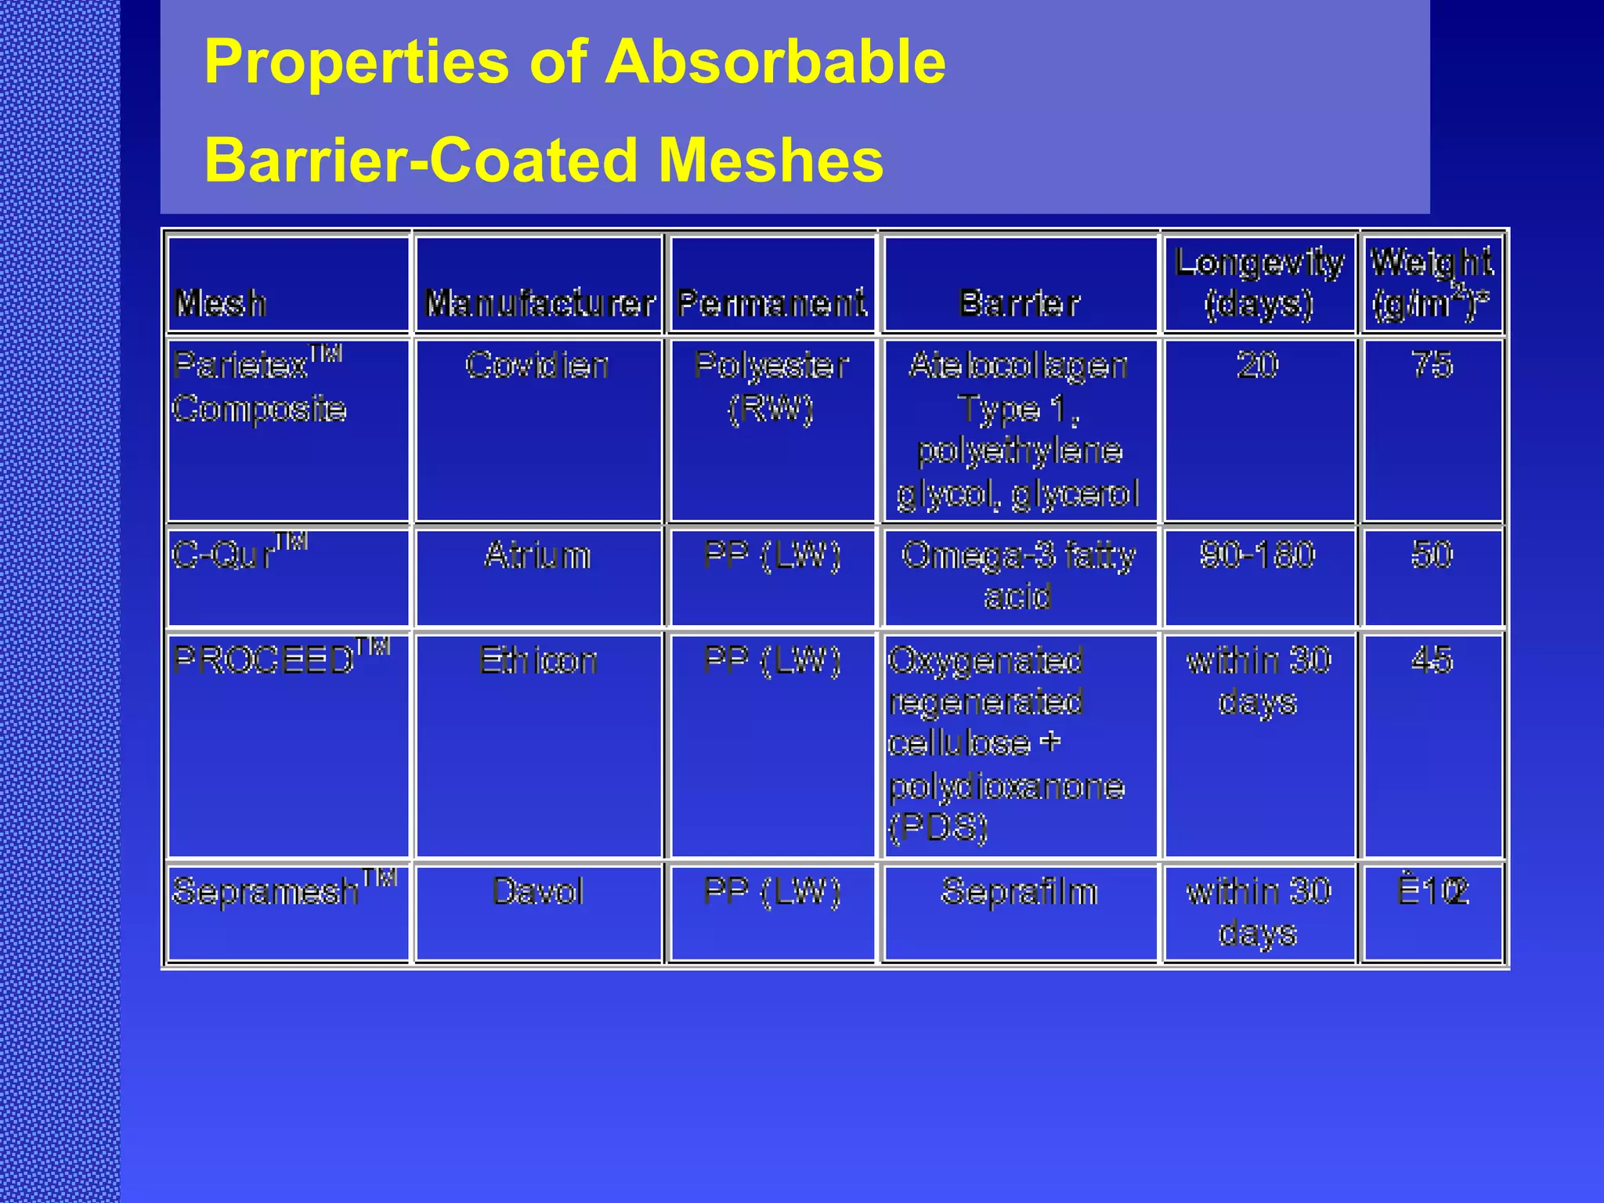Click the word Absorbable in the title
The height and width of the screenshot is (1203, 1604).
tap(775, 62)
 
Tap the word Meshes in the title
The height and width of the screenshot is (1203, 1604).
tap(771, 161)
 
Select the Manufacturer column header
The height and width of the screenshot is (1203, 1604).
tap(540, 303)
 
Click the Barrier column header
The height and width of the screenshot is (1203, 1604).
tap(1020, 303)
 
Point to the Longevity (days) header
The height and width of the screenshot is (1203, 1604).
tap(1259, 283)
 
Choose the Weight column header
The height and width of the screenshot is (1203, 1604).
tap(1432, 283)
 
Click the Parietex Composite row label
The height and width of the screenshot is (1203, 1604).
tap(258, 386)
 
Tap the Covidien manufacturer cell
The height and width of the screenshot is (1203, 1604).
tap(537, 365)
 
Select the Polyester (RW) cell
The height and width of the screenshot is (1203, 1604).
tap(771, 386)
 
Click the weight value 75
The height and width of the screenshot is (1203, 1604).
tap(1432, 365)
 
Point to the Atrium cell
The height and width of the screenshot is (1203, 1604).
tap(537, 555)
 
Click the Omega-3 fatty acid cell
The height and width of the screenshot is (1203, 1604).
tap(1018, 576)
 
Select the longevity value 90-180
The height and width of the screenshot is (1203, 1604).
tap(1257, 555)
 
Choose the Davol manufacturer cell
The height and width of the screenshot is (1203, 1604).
tap(538, 891)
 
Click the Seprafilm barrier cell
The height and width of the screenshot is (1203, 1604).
tap(1019, 891)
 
